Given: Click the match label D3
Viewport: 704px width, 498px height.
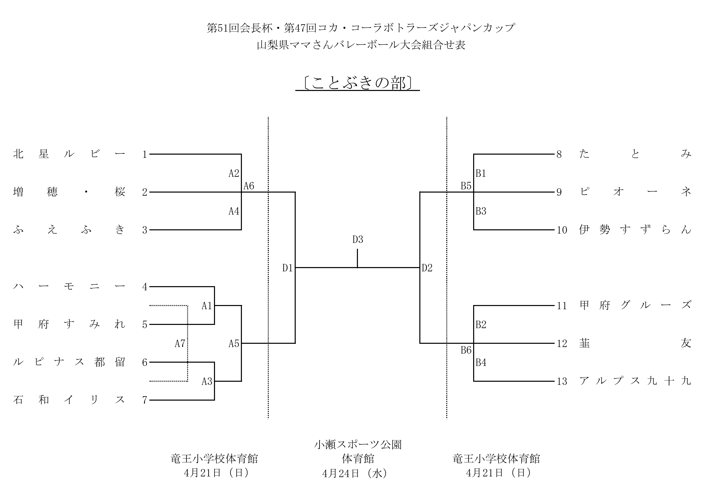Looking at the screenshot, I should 358,240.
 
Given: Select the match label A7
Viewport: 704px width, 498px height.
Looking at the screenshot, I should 180,343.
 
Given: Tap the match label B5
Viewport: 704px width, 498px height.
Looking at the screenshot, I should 466,186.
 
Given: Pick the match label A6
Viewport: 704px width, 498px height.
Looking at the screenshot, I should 249,186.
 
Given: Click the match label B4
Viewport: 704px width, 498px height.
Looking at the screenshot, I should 481,362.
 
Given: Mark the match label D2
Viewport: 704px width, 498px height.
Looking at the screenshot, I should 427,268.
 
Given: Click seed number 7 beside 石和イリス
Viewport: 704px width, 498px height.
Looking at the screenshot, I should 145,400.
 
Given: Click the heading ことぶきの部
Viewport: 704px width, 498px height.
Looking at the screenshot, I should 358,83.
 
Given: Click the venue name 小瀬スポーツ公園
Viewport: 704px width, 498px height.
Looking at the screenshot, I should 358,444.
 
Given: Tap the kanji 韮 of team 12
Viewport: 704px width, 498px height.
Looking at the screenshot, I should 584,343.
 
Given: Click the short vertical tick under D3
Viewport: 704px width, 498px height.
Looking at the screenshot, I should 358,258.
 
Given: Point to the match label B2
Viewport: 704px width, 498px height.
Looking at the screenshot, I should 481,325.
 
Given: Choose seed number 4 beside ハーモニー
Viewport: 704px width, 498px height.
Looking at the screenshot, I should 145,287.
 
